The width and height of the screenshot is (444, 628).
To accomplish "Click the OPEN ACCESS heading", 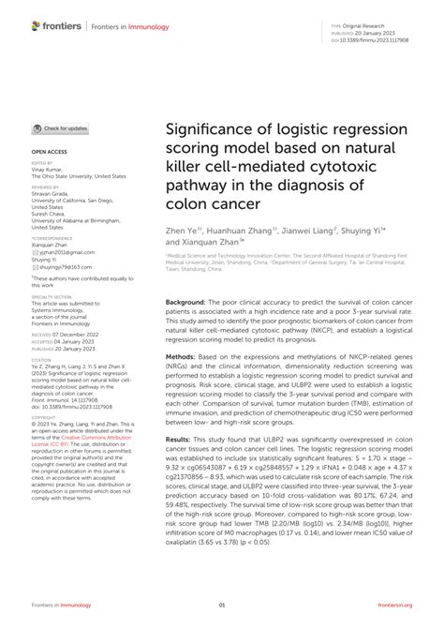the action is click(x=50, y=150).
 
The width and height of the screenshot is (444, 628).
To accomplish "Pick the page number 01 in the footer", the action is click(x=222, y=606).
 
